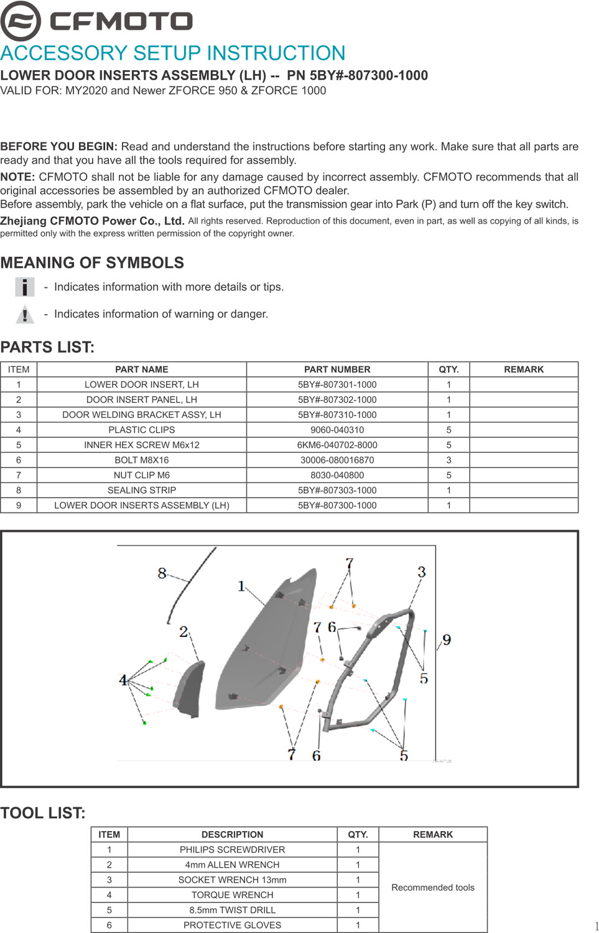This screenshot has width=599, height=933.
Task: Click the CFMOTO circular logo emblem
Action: point(21,21)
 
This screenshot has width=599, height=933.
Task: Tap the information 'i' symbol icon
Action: point(25,287)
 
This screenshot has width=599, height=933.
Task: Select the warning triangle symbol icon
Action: point(25,315)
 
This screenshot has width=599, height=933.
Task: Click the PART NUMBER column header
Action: point(337,369)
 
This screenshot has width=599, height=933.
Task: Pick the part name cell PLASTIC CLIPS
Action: point(142,430)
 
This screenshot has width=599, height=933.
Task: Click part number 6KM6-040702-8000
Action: point(337,445)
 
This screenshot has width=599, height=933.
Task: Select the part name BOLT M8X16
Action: point(142,460)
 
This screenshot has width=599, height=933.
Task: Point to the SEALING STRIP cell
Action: point(142,490)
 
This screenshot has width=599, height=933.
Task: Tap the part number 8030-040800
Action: point(337,475)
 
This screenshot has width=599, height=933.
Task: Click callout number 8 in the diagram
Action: point(162,573)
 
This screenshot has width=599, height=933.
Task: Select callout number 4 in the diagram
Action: point(123,680)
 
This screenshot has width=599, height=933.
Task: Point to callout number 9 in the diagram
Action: point(447,640)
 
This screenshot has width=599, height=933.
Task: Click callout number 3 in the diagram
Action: point(422,572)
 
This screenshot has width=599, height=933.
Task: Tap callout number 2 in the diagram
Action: point(183,632)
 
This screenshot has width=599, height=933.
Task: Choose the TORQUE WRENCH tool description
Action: point(233,895)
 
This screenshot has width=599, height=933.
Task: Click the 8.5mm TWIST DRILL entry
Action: point(233,910)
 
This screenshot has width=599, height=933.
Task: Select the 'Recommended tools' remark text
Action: point(433,888)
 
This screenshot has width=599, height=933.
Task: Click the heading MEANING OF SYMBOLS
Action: point(92,262)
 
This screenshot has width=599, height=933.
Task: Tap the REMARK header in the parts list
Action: point(524,369)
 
